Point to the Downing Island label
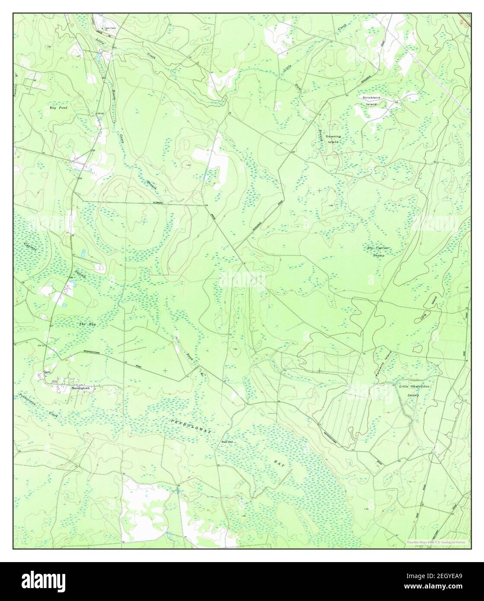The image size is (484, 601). pyautogui.click(x=333, y=139)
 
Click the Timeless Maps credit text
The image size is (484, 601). pyautogui.click(x=436, y=542)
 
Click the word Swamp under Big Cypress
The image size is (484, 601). pyautogui.click(x=379, y=256)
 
